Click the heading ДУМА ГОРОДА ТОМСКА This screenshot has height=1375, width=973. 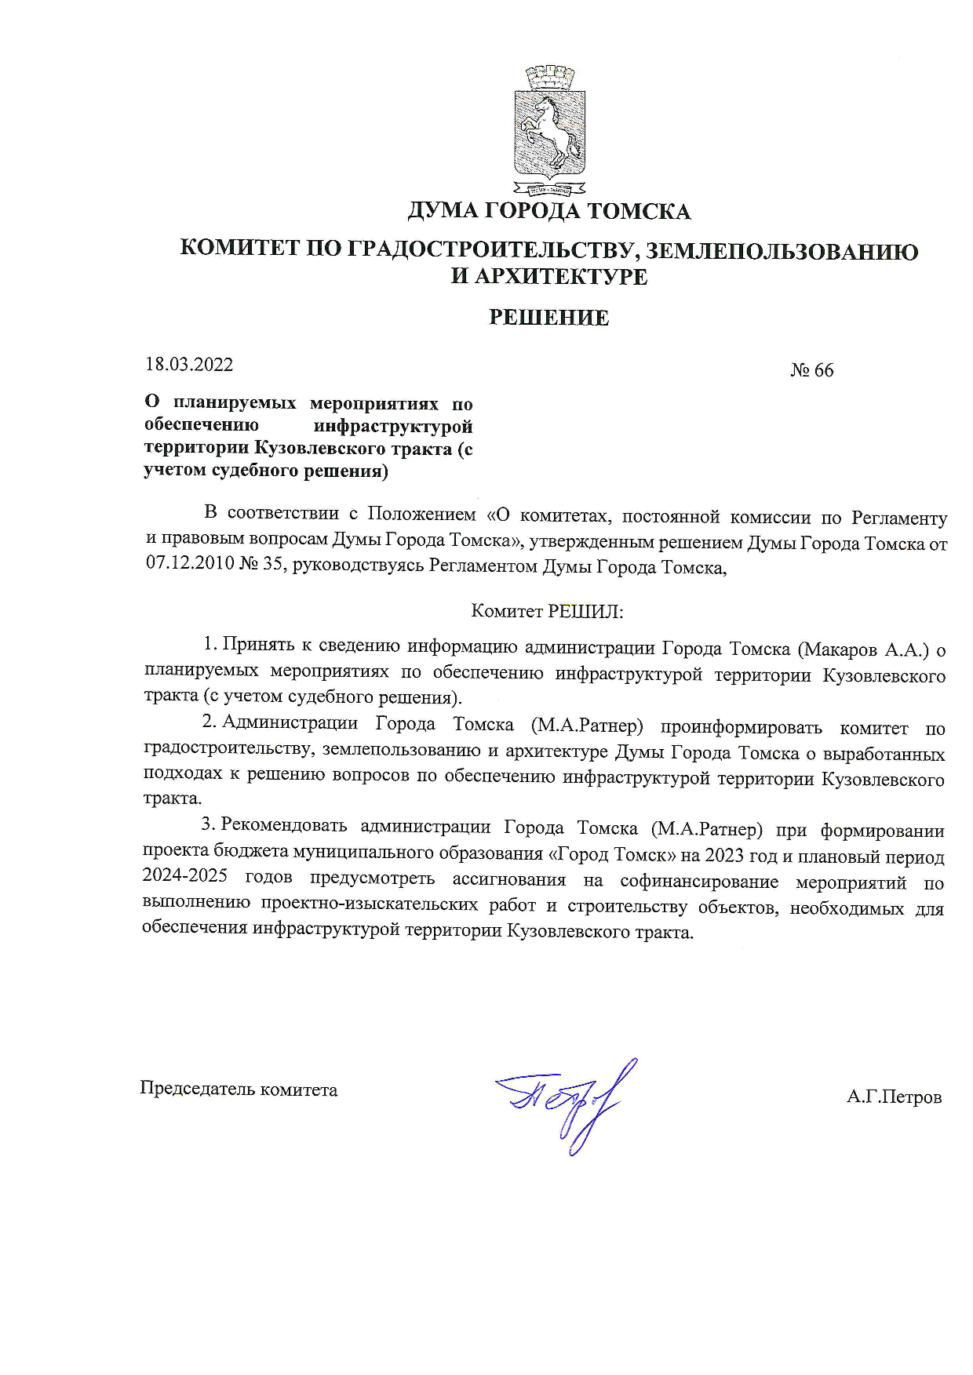coord(548,212)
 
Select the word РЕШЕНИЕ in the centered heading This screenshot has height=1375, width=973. coord(548,318)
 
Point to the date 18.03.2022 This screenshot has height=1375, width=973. coord(189,365)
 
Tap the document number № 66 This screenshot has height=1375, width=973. coord(811,370)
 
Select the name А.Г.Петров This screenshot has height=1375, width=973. coord(894,1097)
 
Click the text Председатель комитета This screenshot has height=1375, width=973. coord(239,1089)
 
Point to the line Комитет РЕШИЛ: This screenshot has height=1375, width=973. coord(547,611)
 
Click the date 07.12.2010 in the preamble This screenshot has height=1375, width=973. coord(188,566)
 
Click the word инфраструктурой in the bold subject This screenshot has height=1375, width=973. coord(393,427)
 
